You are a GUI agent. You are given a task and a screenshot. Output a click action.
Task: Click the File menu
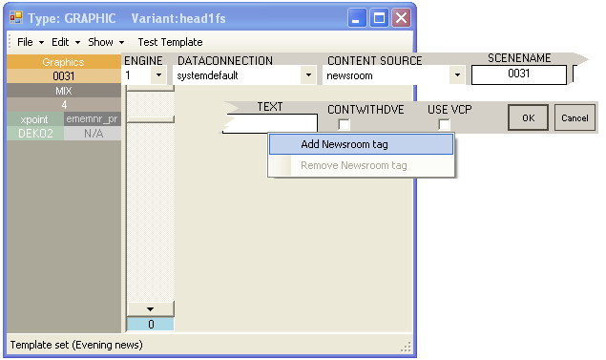tap(31, 42)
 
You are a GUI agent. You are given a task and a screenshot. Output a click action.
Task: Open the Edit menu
tap(66, 42)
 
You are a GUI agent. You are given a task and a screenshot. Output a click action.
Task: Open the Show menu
tap(106, 42)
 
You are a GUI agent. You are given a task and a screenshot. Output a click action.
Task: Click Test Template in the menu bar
tap(170, 42)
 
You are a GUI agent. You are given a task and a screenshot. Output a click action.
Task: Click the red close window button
tap(401, 18)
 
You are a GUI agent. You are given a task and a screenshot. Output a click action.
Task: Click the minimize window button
tap(357, 18)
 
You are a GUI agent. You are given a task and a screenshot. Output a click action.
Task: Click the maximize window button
tap(379, 18)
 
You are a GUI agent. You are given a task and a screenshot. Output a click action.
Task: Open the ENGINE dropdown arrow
tap(158, 75)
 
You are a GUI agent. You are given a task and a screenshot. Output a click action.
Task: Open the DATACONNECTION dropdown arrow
tap(308, 75)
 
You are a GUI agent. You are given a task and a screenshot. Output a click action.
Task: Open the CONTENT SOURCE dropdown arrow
tap(457, 75)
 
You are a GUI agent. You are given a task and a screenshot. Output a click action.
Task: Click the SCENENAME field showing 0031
tap(519, 74)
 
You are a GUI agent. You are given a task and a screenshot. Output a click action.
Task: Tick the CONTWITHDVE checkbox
tap(344, 124)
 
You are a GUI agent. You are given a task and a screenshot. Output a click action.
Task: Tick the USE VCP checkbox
tap(444, 124)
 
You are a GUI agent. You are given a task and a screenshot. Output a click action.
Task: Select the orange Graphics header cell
tap(63, 62)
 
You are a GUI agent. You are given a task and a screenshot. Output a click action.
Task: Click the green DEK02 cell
tap(35, 134)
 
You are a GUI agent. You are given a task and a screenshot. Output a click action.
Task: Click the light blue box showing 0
tap(151, 324)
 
